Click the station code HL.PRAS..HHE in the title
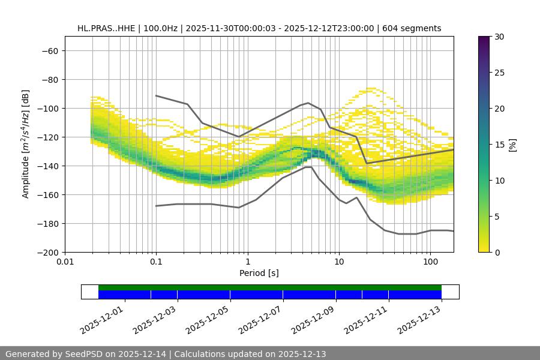(x=103, y=28)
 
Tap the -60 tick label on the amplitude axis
(x=49, y=50)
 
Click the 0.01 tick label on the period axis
(x=65, y=262)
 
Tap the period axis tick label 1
(x=248, y=262)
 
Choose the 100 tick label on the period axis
(x=430, y=262)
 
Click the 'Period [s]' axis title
(x=259, y=273)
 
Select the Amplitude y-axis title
(x=26, y=144)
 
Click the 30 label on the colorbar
(x=499, y=37)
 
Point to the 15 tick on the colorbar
(x=499, y=144)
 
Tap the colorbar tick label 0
(x=497, y=252)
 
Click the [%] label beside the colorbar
(x=512, y=144)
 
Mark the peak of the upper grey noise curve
(x=308, y=103)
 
